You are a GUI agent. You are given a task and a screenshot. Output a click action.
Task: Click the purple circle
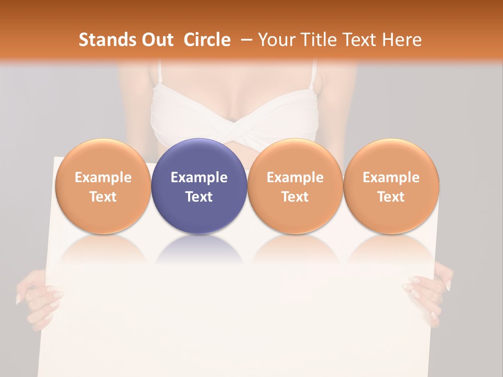199,186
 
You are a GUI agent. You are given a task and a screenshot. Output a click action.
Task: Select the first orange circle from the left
103,186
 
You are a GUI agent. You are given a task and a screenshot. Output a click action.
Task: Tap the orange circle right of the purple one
295,186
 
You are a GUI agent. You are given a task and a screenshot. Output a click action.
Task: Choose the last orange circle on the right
391,186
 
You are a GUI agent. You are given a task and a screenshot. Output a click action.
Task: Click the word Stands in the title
107,40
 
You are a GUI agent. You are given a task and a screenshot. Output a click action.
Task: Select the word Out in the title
157,40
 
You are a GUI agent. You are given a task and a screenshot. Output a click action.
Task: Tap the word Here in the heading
402,40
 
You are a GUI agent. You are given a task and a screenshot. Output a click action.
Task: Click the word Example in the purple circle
199,178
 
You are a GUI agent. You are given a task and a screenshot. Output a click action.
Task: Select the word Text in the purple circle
199,197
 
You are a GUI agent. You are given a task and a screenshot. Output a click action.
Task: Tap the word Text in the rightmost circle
391,197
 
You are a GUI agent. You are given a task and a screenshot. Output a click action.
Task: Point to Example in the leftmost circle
103,178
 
